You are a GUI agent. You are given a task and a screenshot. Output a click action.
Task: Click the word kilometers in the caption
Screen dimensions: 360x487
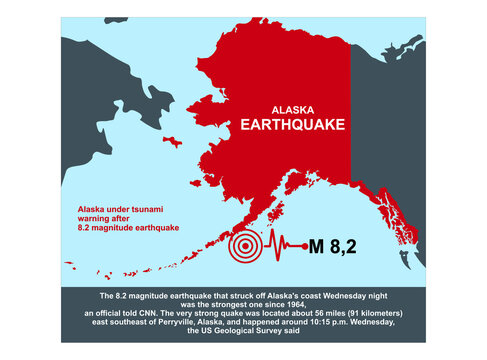click(353, 315)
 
